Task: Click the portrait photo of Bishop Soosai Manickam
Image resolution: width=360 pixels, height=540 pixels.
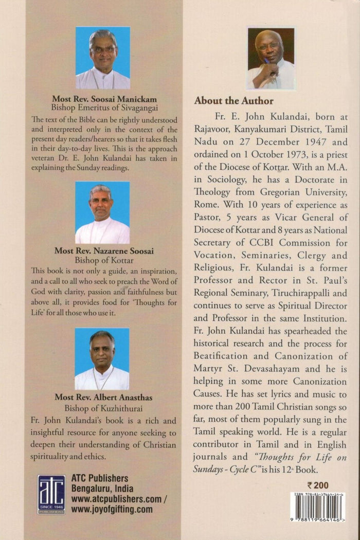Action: [103, 58]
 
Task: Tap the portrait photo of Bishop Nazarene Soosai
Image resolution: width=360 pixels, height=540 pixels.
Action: [102, 212]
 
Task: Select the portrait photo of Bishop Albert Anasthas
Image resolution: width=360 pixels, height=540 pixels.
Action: [102, 359]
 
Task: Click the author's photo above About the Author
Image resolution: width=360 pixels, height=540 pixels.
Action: [271, 58]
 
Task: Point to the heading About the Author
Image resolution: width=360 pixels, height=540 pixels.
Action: [233, 101]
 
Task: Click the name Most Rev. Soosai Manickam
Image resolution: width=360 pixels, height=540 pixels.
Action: [102, 98]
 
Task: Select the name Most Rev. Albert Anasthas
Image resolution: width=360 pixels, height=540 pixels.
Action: [102, 398]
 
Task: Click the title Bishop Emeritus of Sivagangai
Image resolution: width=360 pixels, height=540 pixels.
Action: [102, 107]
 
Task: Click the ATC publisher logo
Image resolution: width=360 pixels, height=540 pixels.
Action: [51, 494]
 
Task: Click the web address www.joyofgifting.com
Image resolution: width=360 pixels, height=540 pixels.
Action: [112, 510]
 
